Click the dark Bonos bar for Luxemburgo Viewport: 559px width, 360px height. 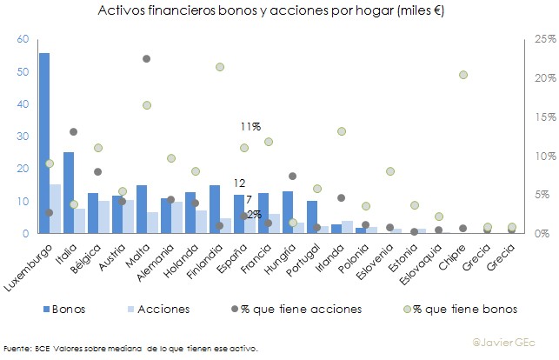[x=44, y=143]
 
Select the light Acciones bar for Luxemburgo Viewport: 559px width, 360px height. [x=55, y=209]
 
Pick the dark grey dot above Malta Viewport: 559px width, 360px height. [x=147, y=58]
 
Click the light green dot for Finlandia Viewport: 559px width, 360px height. [x=220, y=67]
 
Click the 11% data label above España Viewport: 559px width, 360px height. [x=250, y=127]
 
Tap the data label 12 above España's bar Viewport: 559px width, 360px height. [x=239, y=183]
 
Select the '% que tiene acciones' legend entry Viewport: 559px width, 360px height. [x=295, y=309]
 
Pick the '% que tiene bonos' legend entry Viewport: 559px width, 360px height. [x=457, y=309]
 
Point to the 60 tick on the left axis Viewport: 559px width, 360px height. [x=23, y=39]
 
